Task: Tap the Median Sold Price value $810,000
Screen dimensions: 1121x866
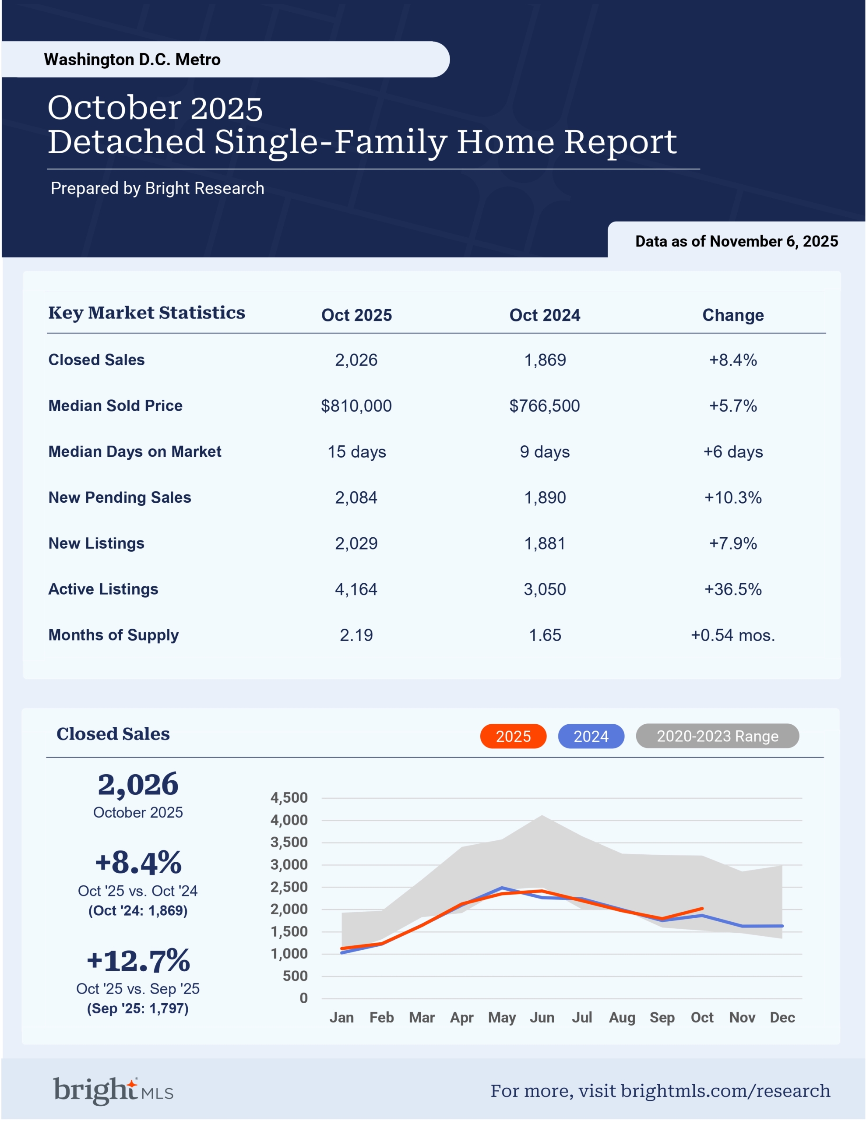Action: (356, 406)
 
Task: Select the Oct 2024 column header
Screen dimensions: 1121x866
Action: (545, 315)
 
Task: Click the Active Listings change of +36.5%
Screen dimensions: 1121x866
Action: (732, 589)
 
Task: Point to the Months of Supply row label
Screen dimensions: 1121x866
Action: (113, 635)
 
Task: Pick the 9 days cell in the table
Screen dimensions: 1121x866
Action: (545, 452)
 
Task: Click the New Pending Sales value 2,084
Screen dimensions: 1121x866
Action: (356, 497)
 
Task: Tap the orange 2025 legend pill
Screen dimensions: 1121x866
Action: (513, 736)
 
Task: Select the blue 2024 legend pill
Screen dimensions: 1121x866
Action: (591, 736)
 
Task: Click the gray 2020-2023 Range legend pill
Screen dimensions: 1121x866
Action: (717, 736)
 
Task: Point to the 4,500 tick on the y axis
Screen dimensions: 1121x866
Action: (289, 798)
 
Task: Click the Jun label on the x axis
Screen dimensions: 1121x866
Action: (542, 1017)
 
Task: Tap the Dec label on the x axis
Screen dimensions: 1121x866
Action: (782, 1017)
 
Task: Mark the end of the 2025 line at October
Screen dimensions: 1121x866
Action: (702, 909)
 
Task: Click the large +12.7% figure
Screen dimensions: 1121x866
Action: (138, 961)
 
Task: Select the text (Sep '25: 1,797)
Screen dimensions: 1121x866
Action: (137, 1008)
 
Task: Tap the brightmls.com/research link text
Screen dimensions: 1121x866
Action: (725, 1091)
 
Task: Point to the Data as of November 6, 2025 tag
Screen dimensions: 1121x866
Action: (736, 241)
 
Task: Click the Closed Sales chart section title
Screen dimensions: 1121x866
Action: (113, 734)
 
